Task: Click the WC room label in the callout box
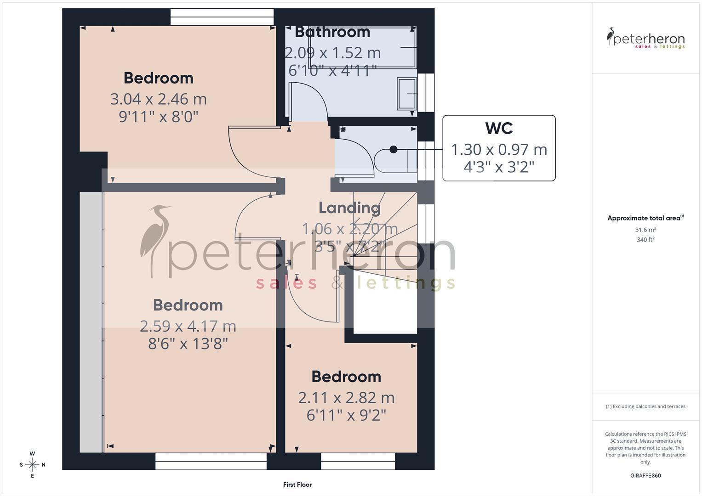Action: click(x=499, y=129)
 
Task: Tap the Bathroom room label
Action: click(x=332, y=32)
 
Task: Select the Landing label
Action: click(x=349, y=208)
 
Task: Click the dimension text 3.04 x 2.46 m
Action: click(x=159, y=99)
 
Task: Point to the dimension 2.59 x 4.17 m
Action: click(x=188, y=326)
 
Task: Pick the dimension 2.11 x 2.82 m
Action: click(x=346, y=398)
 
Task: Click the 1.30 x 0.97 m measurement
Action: click(x=499, y=150)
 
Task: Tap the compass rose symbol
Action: click(x=32, y=465)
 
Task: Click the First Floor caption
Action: click(x=297, y=485)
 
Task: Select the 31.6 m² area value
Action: click(x=645, y=230)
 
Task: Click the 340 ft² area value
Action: click(x=645, y=240)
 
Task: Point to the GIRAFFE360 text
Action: click(x=645, y=476)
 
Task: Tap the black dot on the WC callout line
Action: click(x=394, y=149)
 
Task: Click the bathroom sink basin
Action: click(x=407, y=94)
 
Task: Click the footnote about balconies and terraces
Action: click(x=645, y=406)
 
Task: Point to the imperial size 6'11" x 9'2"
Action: click(x=346, y=416)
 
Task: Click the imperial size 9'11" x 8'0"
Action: click(x=159, y=117)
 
